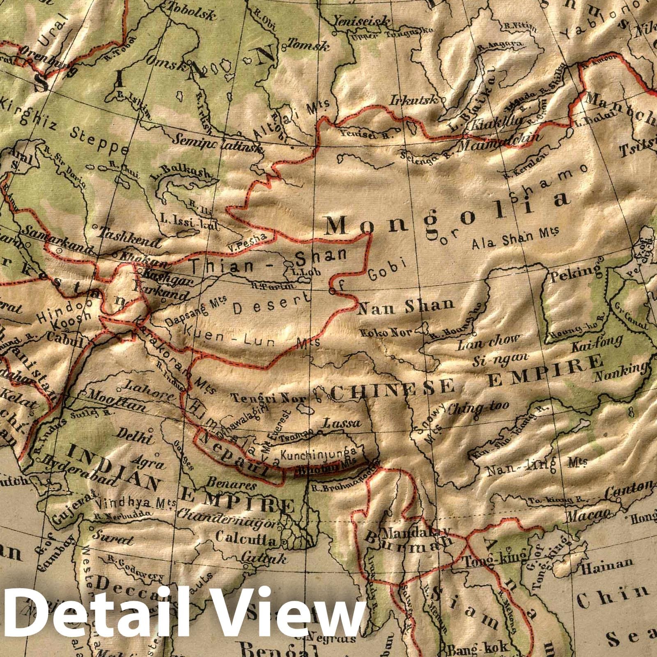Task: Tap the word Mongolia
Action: tap(448, 214)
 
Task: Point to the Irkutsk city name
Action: tap(415, 100)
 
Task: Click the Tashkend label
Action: tap(130, 239)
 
